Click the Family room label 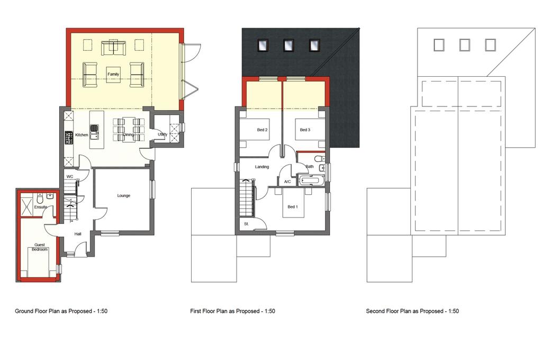click(113, 74)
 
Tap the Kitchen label click(82, 135)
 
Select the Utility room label click(162, 134)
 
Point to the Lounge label click(123, 196)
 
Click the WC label click(70, 177)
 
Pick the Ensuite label click(40, 207)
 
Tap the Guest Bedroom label click(39, 247)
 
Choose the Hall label click(78, 234)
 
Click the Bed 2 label click(262, 130)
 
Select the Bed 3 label click(305, 130)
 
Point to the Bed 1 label click(292, 207)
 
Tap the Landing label click(261, 167)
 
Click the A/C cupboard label click(287, 182)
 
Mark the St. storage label click(247, 224)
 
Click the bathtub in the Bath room click(312, 180)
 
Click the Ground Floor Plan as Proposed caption click(61, 311)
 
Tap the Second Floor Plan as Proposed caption click(412, 311)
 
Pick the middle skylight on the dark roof click(288, 46)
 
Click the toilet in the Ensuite click(40, 199)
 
